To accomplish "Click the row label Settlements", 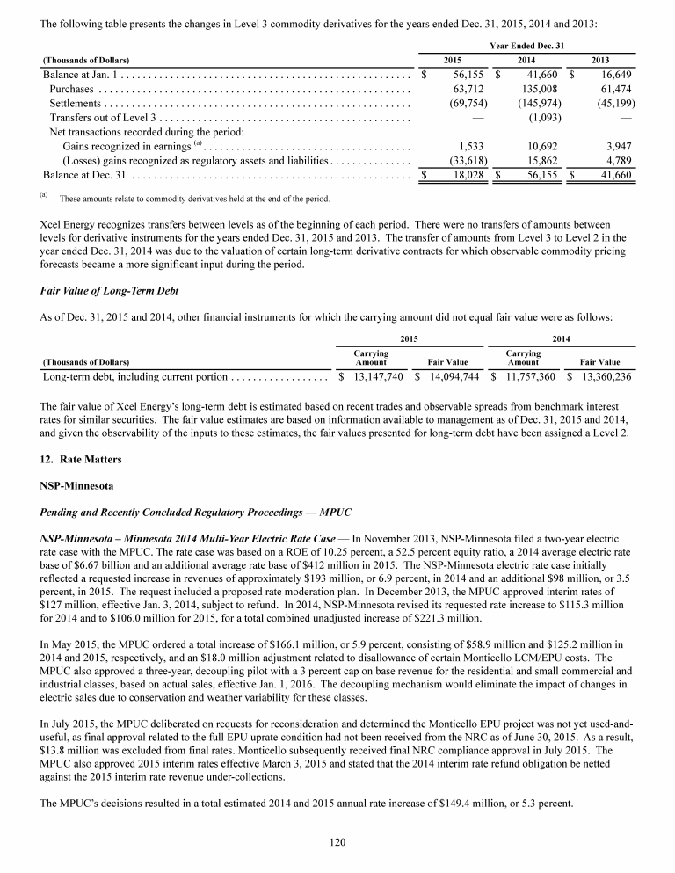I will point(78,104).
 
